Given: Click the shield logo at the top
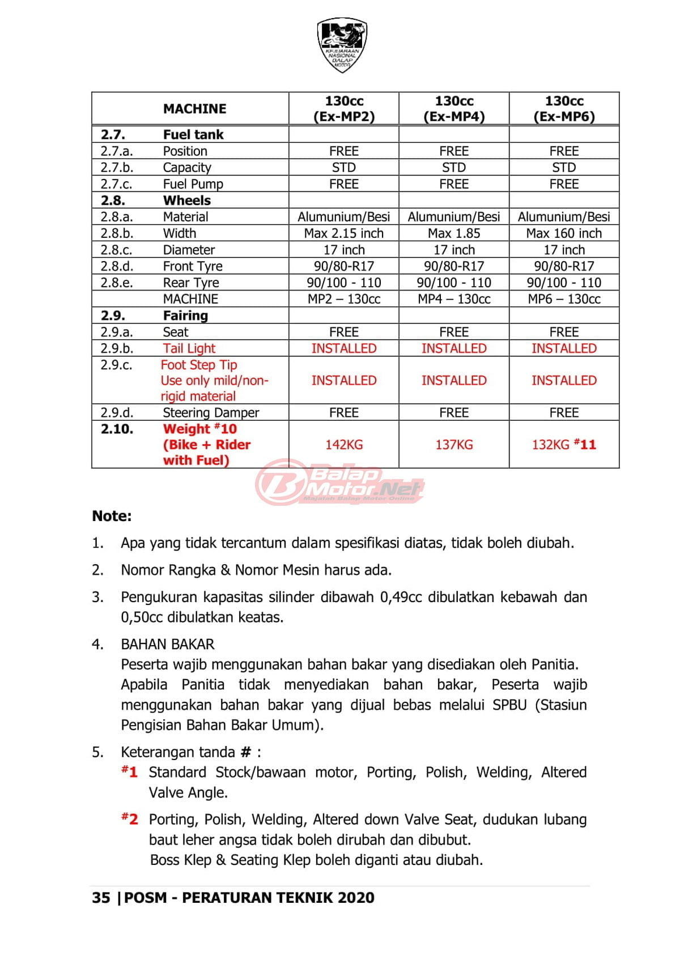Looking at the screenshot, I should (342, 45).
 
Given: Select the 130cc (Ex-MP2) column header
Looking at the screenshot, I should (344, 109).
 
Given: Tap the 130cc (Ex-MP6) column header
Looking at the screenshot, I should (564, 109).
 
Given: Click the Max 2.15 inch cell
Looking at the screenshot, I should (344, 233).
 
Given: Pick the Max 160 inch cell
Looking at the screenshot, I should (564, 233).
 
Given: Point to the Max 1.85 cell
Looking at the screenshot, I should (454, 233).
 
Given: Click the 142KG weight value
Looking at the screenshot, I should (344, 445).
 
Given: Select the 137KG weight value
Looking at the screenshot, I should (454, 445).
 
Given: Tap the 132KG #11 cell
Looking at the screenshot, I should (564, 445).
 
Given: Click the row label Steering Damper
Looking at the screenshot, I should (211, 412).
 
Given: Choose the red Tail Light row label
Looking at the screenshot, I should (189, 348).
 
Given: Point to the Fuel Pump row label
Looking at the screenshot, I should (193, 184).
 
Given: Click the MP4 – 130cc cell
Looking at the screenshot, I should (454, 299).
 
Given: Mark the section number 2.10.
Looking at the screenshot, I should (117, 429).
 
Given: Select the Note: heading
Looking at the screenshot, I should (112, 516).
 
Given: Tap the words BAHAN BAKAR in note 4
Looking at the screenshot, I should (168, 644).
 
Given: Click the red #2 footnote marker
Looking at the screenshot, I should (130, 819).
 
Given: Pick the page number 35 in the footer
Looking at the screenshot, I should (101, 898).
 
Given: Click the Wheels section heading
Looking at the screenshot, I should (186, 201).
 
